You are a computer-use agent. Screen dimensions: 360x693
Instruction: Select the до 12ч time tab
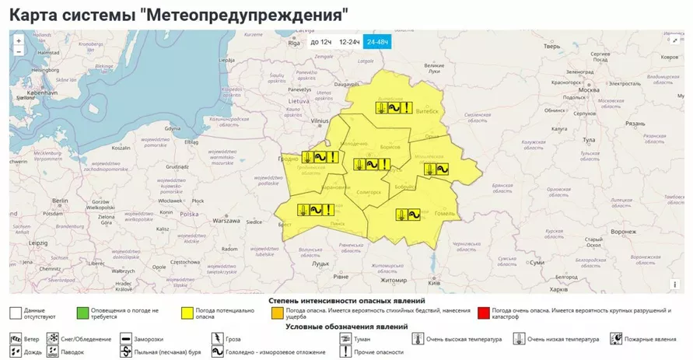(320, 42)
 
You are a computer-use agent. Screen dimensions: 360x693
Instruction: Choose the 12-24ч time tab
(348, 42)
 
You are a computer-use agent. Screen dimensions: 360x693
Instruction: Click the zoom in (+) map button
(19, 40)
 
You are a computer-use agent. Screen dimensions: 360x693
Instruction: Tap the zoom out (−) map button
(19, 51)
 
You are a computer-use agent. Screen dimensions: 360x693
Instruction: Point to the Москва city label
(589, 90)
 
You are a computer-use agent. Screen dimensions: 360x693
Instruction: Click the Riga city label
(294, 44)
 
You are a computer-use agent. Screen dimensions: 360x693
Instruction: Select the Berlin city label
(60, 200)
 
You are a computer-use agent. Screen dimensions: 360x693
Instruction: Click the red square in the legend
(484, 313)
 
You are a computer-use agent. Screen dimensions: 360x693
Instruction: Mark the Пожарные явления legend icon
(616, 339)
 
